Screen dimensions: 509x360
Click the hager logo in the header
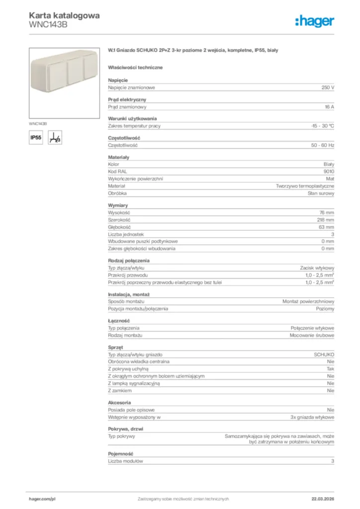coord(314,20)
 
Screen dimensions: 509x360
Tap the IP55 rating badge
coord(36,138)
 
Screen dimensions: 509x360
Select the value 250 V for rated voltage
coord(328,87)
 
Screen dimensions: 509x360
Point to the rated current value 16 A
coord(329,107)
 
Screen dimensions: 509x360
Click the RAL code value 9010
coord(329,171)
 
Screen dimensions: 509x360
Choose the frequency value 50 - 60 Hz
coord(323,146)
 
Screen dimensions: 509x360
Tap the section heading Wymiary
coord(118,205)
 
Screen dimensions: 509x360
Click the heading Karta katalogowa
coord(64,15)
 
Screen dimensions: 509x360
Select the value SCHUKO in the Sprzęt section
coord(324,355)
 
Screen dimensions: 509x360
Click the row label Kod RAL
coord(117,171)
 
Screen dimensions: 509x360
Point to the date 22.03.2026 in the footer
coord(323,499)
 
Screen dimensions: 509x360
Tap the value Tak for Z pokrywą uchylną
coord(330,369)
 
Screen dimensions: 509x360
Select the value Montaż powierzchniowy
coord(308,302)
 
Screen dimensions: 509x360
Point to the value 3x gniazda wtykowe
coord(312,417)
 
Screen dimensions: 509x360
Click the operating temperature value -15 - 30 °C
coord(319,126)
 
